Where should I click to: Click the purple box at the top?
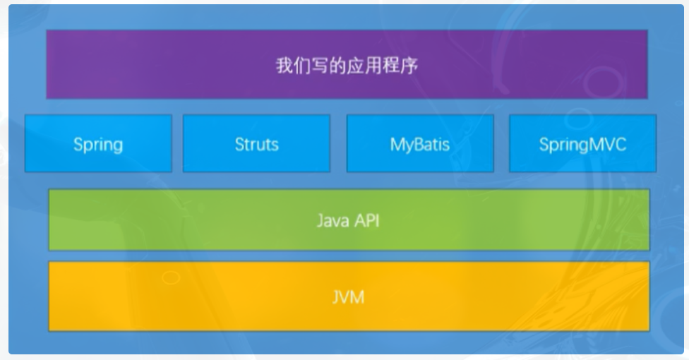tap(347, 64)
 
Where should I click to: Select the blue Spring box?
tap(98, 143)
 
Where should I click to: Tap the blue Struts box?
tap(257, 143)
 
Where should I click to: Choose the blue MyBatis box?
tap(420, 143)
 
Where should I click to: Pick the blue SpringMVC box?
tap(582, 143)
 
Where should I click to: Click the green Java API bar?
tap(349, 220)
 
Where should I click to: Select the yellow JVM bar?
tap(349, 296)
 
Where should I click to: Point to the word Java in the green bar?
tap(333, 220)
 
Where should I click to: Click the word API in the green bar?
tap(367, 220)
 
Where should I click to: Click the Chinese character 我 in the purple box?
tap(284, 66)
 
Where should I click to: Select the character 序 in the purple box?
tap(409, 66)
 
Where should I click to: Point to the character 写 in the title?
tap(320, 66)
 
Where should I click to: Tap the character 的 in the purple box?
tap(337, 66)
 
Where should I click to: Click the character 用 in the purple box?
tap(373, 66)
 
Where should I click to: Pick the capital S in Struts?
tap(240, 145)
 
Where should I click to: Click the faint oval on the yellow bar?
tap(171, 278)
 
